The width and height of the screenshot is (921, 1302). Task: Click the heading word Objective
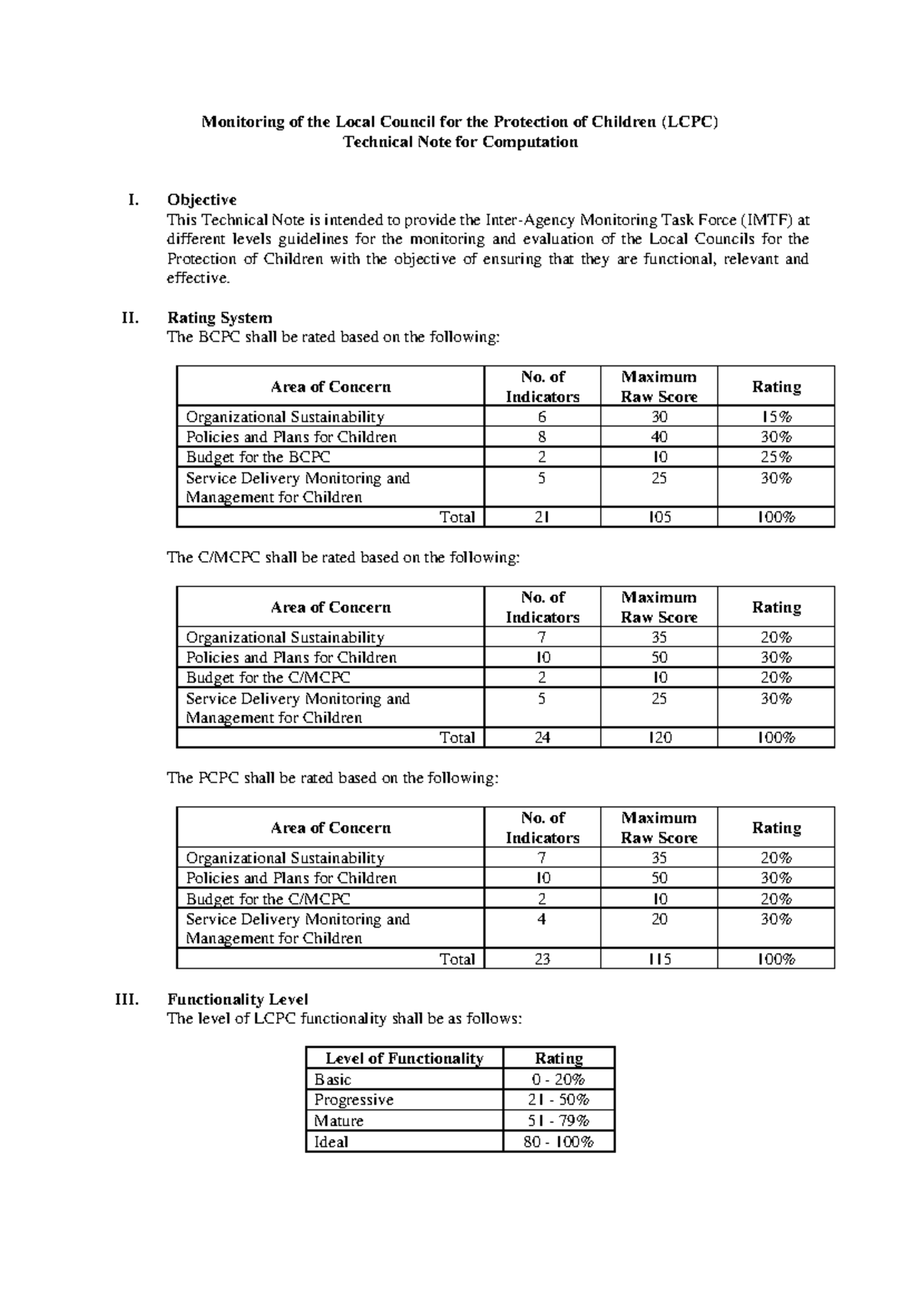pos(202,200)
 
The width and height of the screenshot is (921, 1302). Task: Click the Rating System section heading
pos(220,318)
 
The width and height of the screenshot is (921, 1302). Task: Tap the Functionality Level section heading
pos(238,1000)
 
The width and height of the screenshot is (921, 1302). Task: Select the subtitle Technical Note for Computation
pos(460,142)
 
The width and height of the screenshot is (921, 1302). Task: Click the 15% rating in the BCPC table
pos(776,417)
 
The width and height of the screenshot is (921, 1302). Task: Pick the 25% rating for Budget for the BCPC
pos(776,458)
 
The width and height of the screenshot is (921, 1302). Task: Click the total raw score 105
pos(659,517)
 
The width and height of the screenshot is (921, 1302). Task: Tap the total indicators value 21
pos(542,517)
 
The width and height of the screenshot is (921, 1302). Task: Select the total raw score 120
pos(659,738)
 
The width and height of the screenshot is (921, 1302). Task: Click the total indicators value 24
pos(542,738)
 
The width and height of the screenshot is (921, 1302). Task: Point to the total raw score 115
pos(659,959)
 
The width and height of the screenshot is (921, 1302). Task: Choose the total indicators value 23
pos(542,959)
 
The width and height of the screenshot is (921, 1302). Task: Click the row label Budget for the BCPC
pos(258,458)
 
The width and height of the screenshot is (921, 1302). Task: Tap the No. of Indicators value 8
pos(542,438)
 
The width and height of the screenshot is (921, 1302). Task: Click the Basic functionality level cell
pos(332,1079)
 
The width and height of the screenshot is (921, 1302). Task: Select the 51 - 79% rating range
pos(558,1121)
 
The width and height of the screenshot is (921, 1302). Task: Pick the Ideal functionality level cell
pos(331,1142)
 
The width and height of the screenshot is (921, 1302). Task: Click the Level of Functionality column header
pos(404,1059)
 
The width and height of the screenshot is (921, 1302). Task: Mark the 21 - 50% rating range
pos(558,1100)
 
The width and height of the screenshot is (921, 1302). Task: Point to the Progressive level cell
pos(354,1100)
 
